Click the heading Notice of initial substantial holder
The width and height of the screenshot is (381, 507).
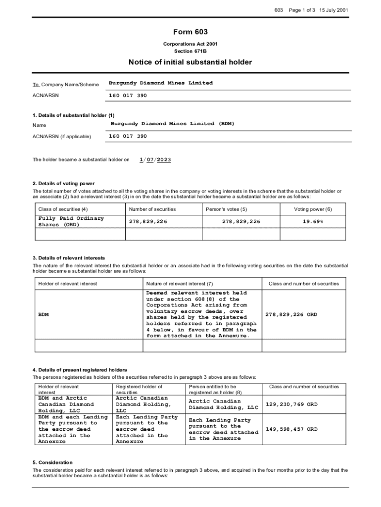[190, 62]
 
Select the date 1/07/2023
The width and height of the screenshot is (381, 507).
[155, 159]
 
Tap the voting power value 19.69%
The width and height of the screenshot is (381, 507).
[313, 221]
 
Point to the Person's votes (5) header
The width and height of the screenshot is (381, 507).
[226, 209]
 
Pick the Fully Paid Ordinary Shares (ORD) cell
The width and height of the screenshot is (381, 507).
[70, 221]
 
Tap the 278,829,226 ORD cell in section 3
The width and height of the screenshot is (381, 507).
[291, 314]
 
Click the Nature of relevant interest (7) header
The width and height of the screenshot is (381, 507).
[180, 284]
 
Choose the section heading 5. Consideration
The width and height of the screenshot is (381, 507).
[52, 462]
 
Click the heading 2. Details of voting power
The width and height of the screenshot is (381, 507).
[63, 184]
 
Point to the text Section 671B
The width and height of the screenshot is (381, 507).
[190, 51]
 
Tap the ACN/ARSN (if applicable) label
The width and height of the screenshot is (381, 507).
[62, 137]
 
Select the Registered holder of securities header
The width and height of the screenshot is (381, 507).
[139, 389]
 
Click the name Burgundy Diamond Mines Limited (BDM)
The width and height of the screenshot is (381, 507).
[172, 123]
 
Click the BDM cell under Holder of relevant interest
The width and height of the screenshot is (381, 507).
[44, 314]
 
